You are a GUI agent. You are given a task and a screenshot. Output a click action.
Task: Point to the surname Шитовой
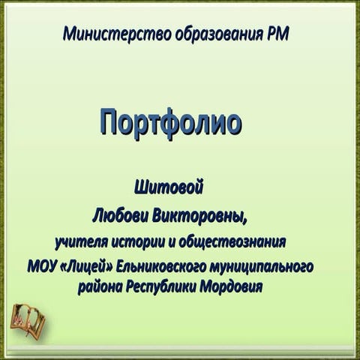point(169,184)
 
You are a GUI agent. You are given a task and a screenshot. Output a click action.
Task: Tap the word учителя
point(84,242)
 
